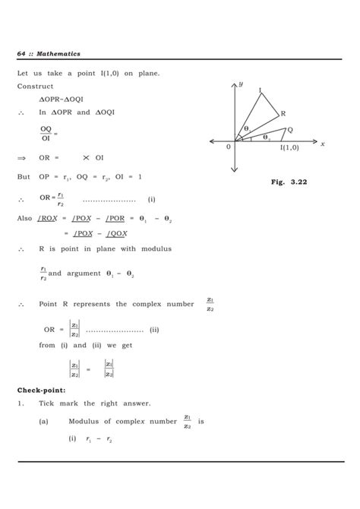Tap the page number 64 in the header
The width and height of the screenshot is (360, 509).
(22, 53)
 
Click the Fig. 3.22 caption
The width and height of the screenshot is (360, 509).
(286, 182)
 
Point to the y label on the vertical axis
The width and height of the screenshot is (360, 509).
(241, 84)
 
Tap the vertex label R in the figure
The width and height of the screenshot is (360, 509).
(283, 113)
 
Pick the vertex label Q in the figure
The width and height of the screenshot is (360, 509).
(290, 130)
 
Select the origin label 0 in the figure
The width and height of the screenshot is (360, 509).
(228, 147)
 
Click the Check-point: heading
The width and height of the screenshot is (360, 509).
(44, 390)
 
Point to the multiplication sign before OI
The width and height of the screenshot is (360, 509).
(87, 157)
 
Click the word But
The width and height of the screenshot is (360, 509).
(24, 176)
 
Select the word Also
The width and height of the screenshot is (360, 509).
(24, 218)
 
